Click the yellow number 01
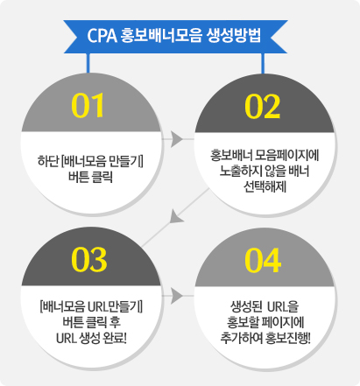click(88, 105)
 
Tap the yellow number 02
click(263, 107)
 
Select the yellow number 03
click(89, 259)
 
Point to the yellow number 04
click(263, 260)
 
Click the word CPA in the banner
click(102, 36)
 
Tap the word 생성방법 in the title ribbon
click(233, 36)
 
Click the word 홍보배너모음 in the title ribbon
click(161, 36)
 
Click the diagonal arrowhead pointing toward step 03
click(176, 217)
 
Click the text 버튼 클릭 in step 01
click(90, 177)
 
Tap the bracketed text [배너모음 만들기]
click(102, 161)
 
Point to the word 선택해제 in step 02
click(265, 186)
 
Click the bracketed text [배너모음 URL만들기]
click(91, 307)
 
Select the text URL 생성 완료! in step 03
click(91, 339)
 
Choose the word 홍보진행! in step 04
click(288, 338)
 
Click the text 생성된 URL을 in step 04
click(265, 306)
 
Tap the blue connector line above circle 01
click(88, 63)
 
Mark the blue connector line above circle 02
click(263, 63)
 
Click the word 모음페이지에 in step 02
click(286, 155)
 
